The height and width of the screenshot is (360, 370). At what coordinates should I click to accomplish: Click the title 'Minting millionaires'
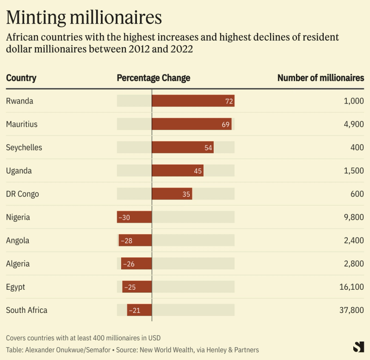click(x=84, y=17)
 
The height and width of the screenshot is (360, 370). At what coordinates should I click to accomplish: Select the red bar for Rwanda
click(x=193, y=101)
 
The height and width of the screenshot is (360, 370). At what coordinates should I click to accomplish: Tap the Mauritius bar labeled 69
click(x=191, y=124)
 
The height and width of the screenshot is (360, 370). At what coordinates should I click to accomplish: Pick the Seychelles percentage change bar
click(x=183, y=147)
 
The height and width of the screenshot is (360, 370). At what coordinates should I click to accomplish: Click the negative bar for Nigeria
click(x=135, y=217)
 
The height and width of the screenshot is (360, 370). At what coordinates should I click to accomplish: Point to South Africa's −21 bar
click(x=140, y=310)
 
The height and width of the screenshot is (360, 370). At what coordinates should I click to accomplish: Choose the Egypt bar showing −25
click(x=137, y=287)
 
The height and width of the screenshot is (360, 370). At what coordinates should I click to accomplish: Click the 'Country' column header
click(x=21, y=78)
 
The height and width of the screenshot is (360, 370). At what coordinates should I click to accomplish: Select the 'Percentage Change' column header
click(x=153, y=78)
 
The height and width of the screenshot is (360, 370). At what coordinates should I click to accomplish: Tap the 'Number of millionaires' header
click(x=321, y=78)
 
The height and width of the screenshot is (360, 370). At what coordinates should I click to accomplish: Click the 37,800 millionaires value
click(x=351, y=310)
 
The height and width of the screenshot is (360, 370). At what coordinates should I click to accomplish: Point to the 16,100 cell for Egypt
click(x=351, y=287)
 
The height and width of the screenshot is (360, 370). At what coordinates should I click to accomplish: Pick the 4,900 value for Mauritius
click(x=354, y=124)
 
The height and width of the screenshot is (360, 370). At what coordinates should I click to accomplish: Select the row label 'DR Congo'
click(x=22, y=194)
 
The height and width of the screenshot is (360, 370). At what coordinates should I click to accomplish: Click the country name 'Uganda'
click(x=19, y=171)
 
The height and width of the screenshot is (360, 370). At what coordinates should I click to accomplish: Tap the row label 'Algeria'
click(x=18, y=264)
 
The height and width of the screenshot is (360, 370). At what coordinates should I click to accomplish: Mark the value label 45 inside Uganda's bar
click(x=198, y=171)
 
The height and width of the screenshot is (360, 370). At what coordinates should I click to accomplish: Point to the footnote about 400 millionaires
click(x=83, y=338)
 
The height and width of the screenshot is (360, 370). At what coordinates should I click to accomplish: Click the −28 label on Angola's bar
click(x=126, y=241)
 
